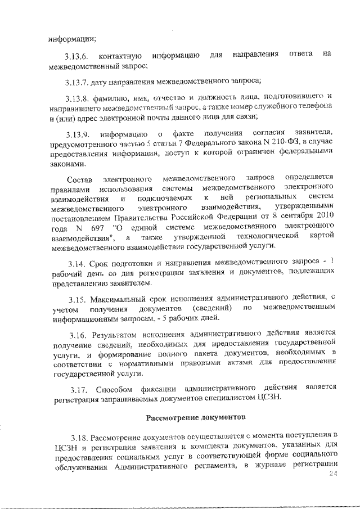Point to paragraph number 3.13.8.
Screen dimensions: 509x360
[x=76, y=96]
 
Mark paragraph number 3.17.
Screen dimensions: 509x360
[x=81, y=389]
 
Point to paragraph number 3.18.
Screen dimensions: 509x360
[x=80, y=436]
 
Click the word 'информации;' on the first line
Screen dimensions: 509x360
[x=71, y=39]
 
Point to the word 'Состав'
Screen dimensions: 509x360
[x=79, y=179]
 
